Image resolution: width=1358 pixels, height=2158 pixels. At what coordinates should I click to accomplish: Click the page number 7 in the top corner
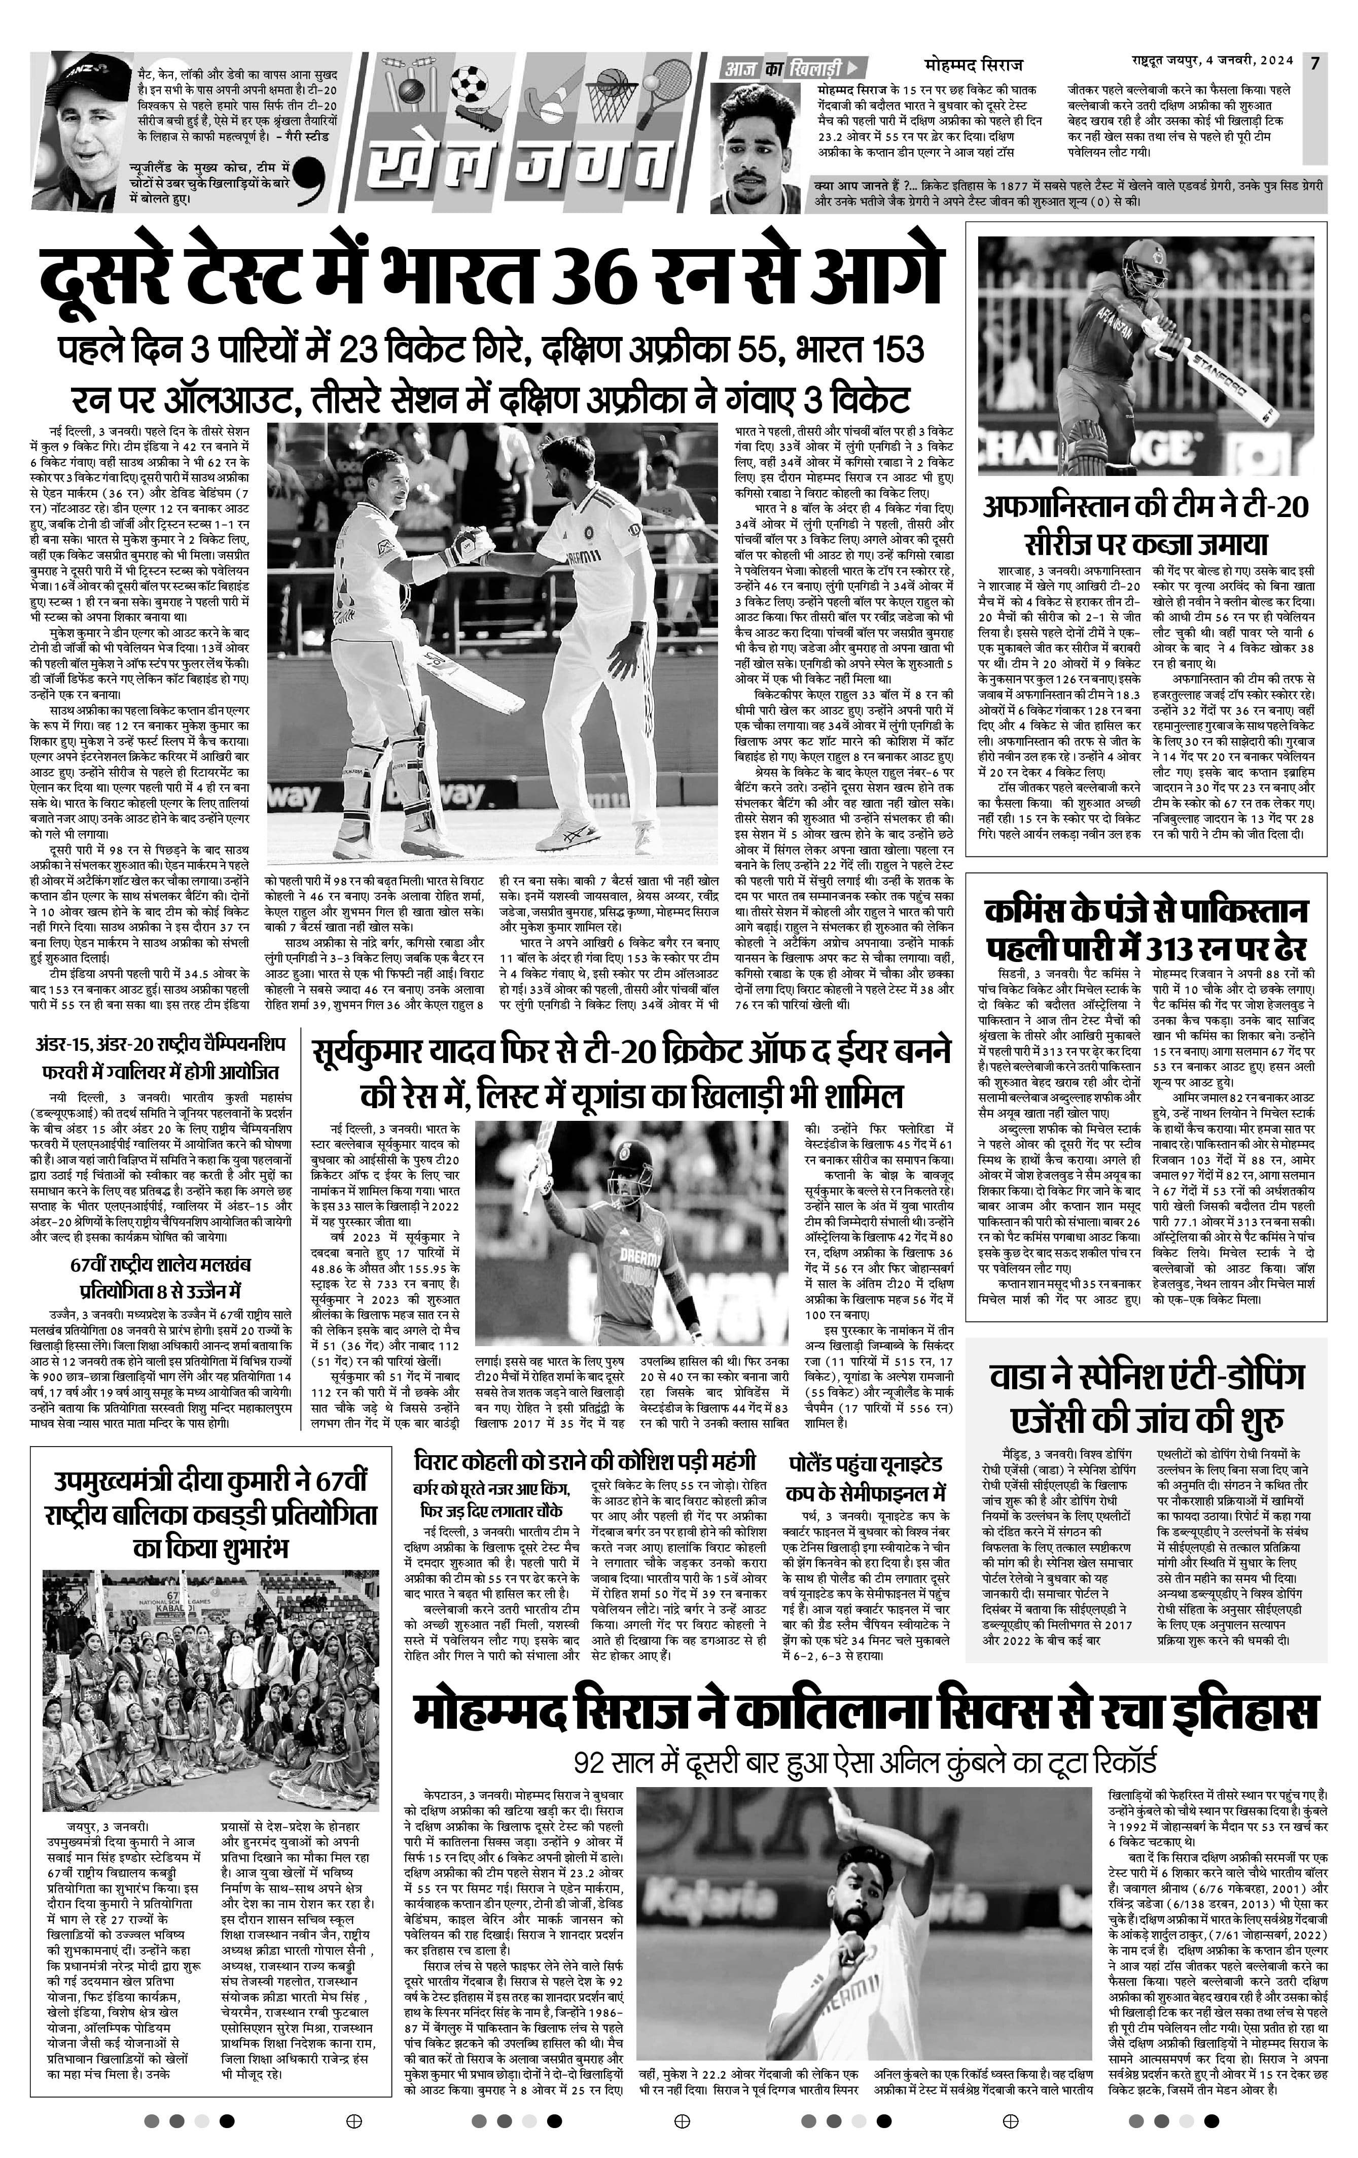[x=1314, y=63]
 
